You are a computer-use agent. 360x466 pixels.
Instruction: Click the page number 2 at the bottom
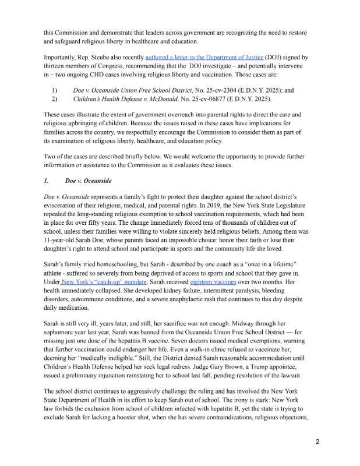[x=317, y=441]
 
